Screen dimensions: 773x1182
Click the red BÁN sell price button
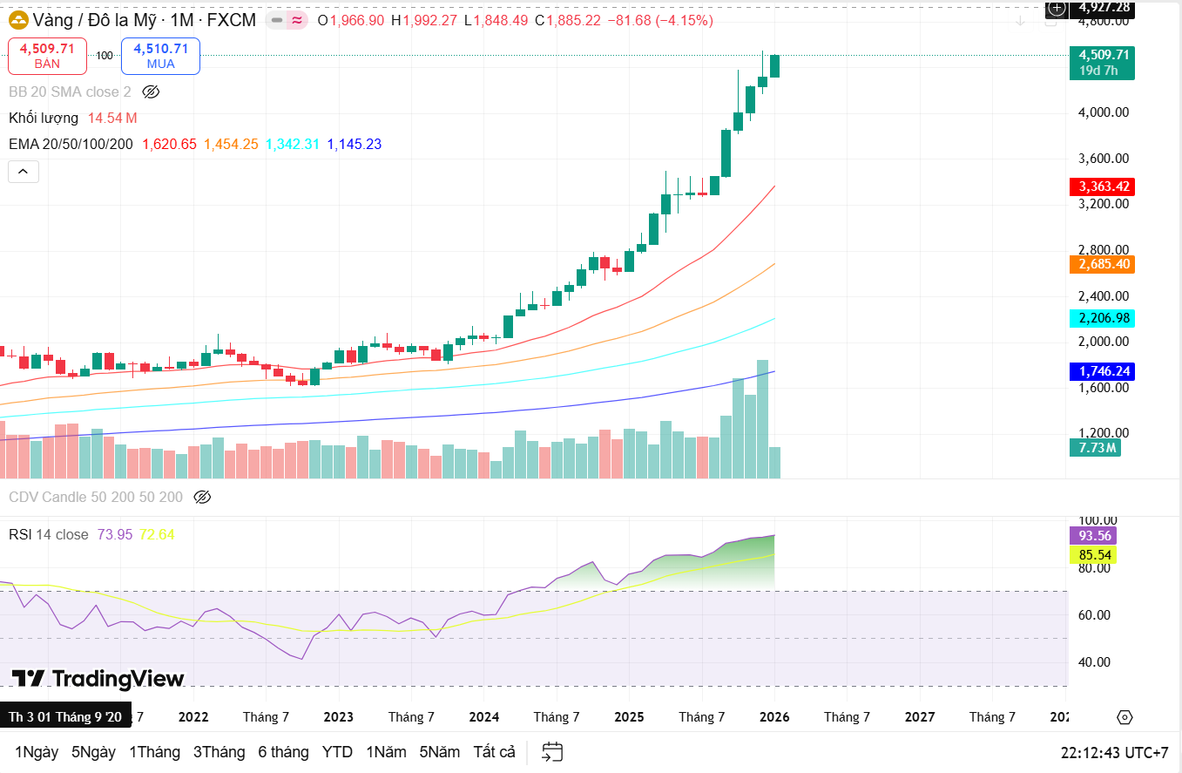(x=47, y=56)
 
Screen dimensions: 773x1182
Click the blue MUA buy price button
(x=160, y=56)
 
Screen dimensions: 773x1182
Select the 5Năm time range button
(x=438, y=752)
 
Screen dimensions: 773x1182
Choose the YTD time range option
(x=337, y=752)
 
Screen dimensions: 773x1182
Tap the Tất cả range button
(x=495, y=752)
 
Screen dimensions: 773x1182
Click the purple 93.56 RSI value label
(x=1093, y=535)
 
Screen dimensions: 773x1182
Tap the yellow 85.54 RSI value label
(x=1093, y=554)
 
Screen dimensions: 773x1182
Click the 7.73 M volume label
(x=1094, y=448)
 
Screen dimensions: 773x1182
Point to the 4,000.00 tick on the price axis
(x=1104, y=112)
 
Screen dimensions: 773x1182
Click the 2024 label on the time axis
(x=483, y=716)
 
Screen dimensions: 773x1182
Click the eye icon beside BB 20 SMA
(x=151, y=92)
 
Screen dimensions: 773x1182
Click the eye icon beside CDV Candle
(x=202, y=497)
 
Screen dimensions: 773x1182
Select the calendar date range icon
(x=552, y=752)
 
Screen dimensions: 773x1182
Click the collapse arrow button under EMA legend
(x=23, y=172)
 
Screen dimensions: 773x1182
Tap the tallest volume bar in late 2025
(x=762, y=418)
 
